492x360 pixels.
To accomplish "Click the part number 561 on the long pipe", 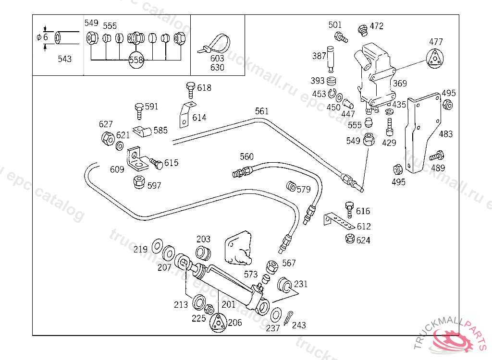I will coord(262,111).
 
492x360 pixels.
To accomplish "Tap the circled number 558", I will coord(136,60).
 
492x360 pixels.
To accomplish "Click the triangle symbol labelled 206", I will coord(218,323).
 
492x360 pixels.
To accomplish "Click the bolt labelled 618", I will coord(190,90).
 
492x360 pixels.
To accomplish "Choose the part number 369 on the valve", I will coord(400,84).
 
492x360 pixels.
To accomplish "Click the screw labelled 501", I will coord(341,36).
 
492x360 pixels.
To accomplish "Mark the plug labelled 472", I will coord(363,30).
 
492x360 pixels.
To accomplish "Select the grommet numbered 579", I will coord(291,186).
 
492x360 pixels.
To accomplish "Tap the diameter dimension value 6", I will coord(46,37).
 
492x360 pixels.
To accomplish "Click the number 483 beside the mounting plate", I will coord(445,134).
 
